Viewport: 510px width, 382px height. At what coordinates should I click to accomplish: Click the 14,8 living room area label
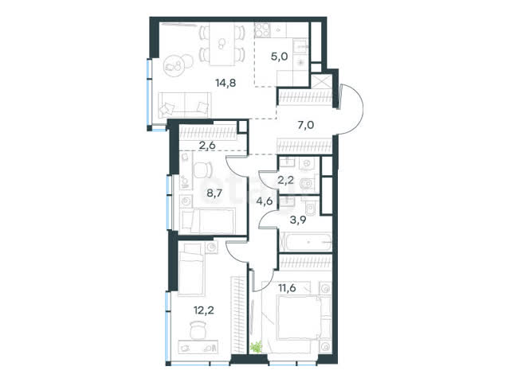tap(226, 83)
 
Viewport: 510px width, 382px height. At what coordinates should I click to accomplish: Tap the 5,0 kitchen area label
tap(279, 57)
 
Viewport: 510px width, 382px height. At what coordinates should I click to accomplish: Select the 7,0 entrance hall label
tap(306, 124)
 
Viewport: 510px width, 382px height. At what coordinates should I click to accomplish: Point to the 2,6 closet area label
tap(207, 145)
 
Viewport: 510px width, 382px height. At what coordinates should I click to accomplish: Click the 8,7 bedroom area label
tap(214, 193)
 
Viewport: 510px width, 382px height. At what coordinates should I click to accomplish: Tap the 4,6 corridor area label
tap(264, 201)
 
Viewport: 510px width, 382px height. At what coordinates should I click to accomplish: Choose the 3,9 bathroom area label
tap(298, 220)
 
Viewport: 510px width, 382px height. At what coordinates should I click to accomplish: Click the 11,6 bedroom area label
tap(287, 288)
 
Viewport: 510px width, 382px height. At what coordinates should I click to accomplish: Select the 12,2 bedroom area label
tap(204, 310)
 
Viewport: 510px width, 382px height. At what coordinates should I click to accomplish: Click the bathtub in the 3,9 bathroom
tap(305, 242)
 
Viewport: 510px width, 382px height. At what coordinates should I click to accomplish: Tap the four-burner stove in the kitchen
tap(262, 30)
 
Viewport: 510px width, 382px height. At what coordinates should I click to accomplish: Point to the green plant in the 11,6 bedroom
tap(256, 347)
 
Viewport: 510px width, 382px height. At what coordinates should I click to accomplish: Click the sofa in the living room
tap(184, 105)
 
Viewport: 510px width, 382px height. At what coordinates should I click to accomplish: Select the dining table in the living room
tap(222, 44)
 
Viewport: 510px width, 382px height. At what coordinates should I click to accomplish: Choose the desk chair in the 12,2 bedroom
tap(198, 329)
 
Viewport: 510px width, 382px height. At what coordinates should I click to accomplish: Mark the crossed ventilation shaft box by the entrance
tap(321, 81)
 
